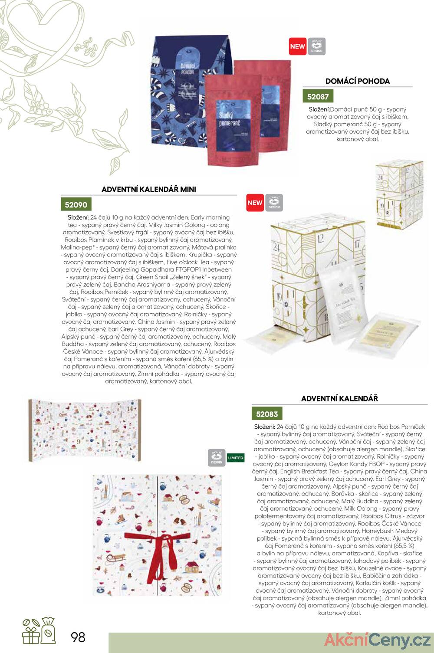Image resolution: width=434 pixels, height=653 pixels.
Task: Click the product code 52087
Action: (318, 97)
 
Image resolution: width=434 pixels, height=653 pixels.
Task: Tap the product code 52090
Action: (76, 205)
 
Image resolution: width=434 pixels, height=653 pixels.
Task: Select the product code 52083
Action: (266, 414)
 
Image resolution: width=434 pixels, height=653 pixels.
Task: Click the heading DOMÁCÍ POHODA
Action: (358, 81)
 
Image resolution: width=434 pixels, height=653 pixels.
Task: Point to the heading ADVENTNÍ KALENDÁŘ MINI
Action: (149, 189)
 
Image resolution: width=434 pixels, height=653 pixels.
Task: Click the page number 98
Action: (78, 637)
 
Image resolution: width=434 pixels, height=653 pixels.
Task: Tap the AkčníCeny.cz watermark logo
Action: (377, 640)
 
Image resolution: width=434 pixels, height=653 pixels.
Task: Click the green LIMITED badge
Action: (236, 458)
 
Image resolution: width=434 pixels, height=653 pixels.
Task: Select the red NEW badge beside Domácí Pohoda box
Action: (298, 46)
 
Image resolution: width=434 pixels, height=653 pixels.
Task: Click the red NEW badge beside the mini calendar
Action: (255, 203)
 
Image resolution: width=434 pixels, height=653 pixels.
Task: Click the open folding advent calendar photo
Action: (85, 430)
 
